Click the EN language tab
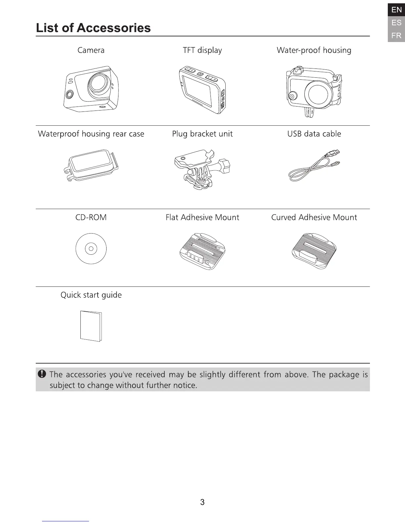click(x=396, y=10)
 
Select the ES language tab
click(x=396, y=22)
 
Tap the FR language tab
click(x=396, y=35)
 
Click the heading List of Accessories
click(x=93, y=28)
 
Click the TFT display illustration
click(x=202, y=89)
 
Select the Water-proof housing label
click(x=314, y=50)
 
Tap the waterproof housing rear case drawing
click(x=91, y=165)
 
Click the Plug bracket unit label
click(x=202, y=134)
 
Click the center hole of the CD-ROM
click(x=91, y=248)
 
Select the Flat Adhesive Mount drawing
click(x=202, y=251)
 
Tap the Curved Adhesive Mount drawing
click(x=314, y=251)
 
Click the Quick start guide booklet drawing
click(x=91, y=326)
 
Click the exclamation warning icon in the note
click(x=42, y=374)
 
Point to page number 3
click(x=202, y=502)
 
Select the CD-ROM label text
click(x=91, y=218)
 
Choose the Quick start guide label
click(x=91, y=295)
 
